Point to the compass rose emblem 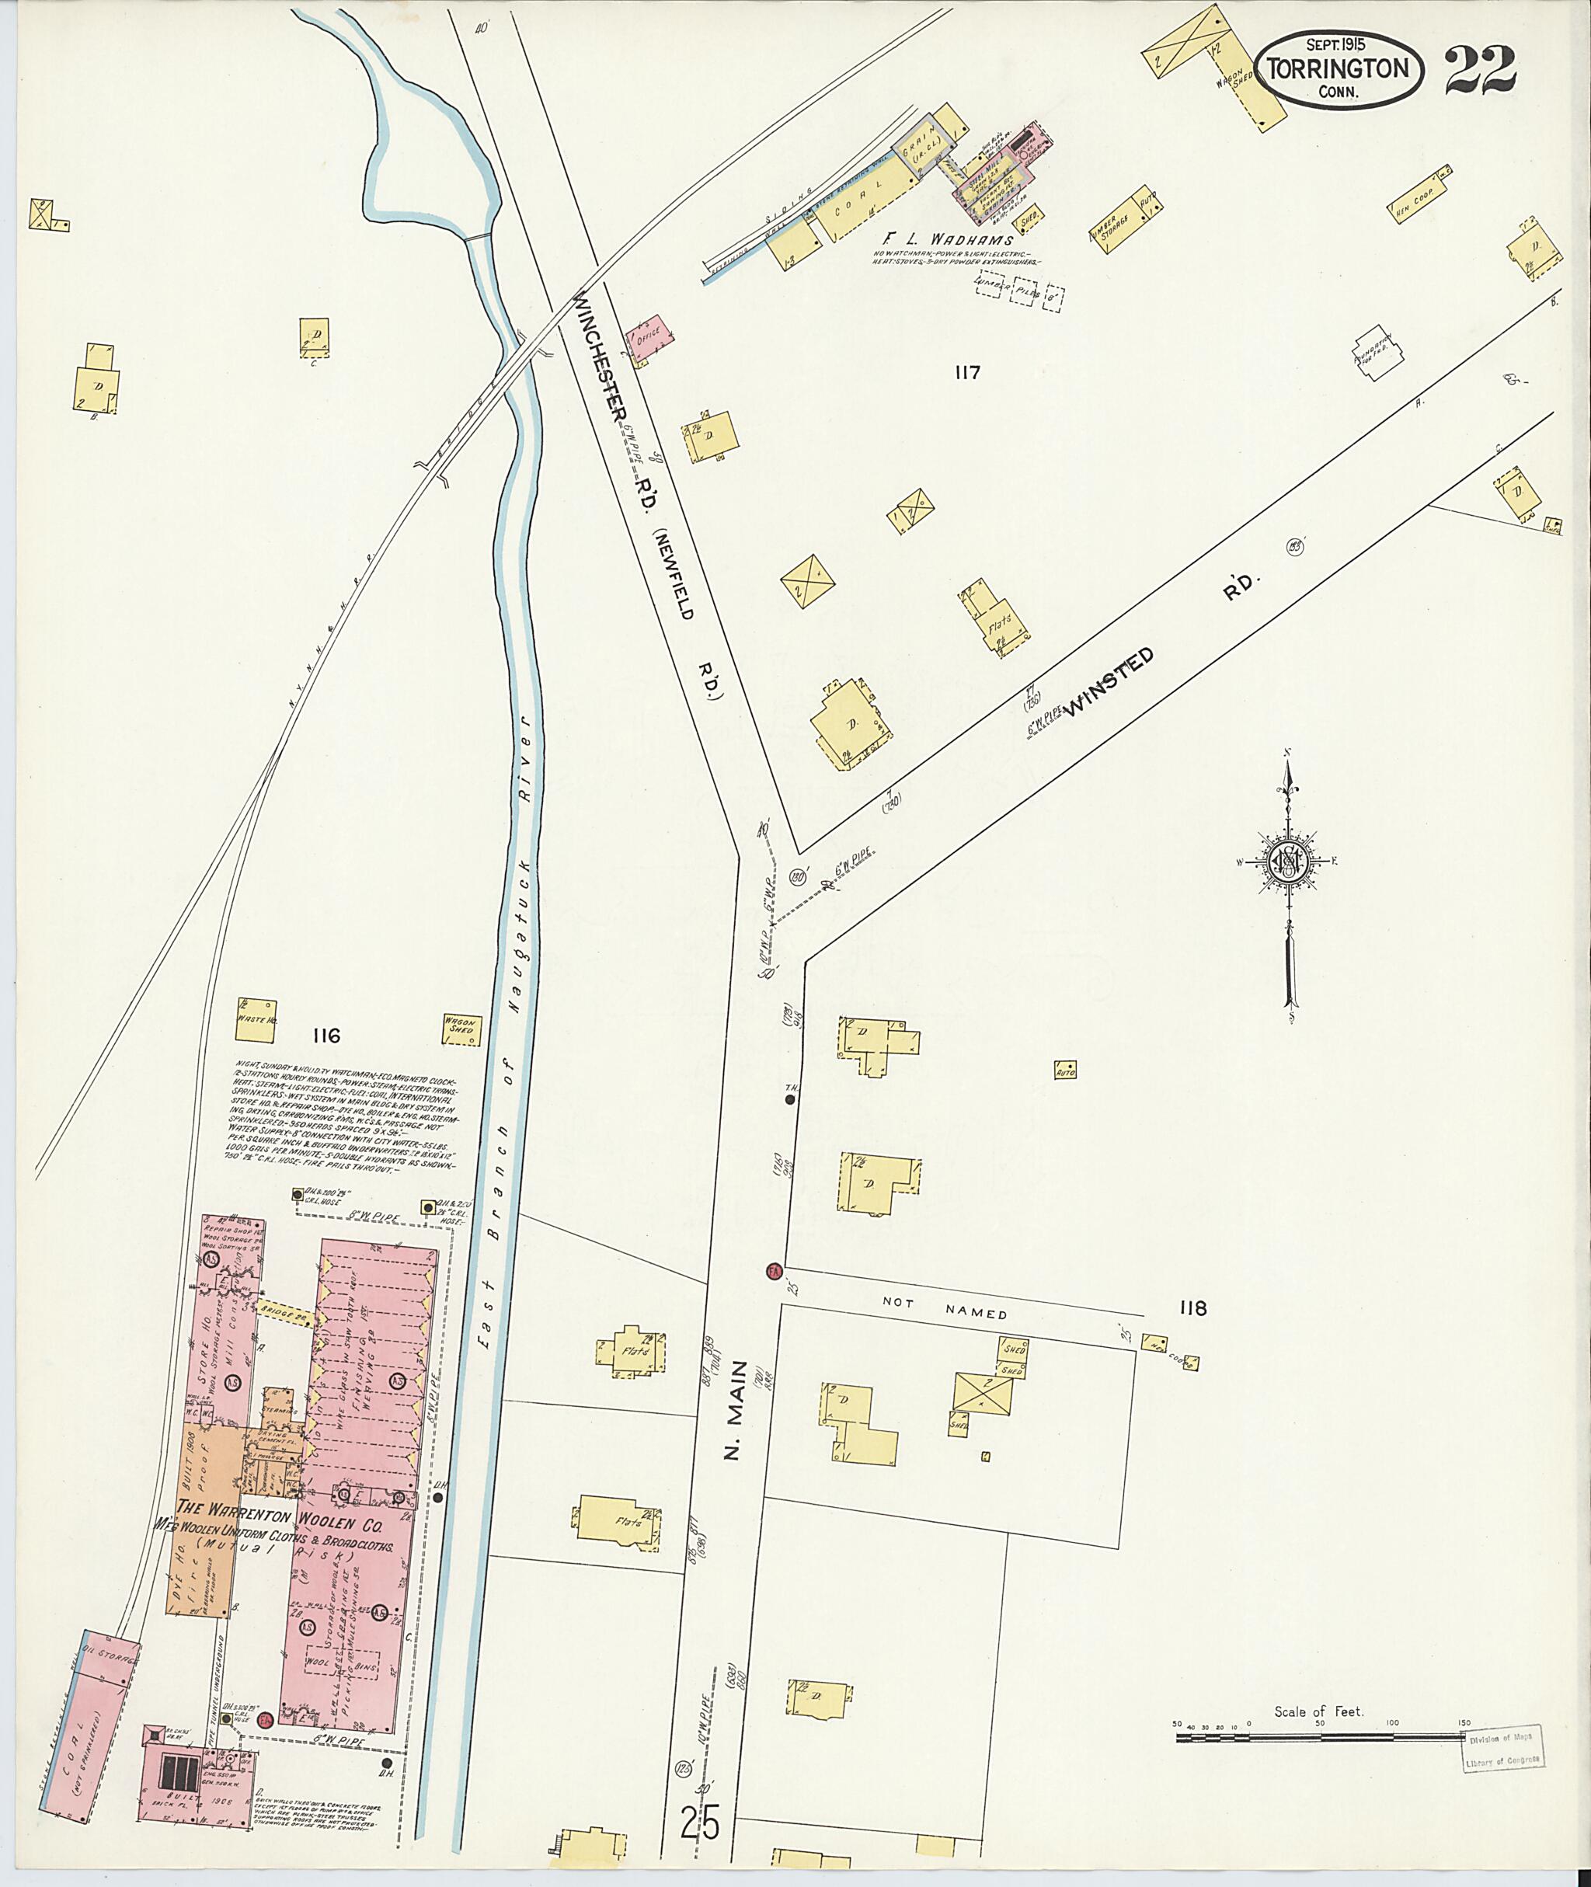click(1290, 862)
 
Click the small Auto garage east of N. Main click(1066, 1070)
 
